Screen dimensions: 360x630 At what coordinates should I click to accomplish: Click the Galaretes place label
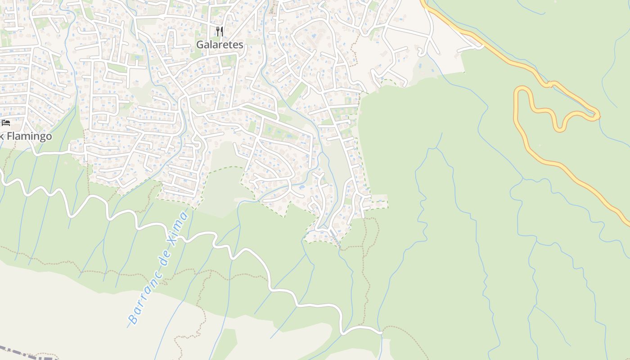(x=220, y=45)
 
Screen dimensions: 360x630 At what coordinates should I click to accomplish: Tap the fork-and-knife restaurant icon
(x=220, y=31)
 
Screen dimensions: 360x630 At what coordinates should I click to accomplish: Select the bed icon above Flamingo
(x=6, y=122)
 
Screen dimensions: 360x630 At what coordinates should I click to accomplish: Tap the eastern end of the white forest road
(x=381, y=333)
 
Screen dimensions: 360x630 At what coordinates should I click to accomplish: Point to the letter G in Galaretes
(x=200, y=45)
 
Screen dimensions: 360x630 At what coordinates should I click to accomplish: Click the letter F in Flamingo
(x=10, y=136)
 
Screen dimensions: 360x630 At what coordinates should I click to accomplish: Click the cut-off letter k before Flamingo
(x=2, y=136)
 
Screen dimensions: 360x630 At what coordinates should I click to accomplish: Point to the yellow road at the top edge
(x=423, y=2)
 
